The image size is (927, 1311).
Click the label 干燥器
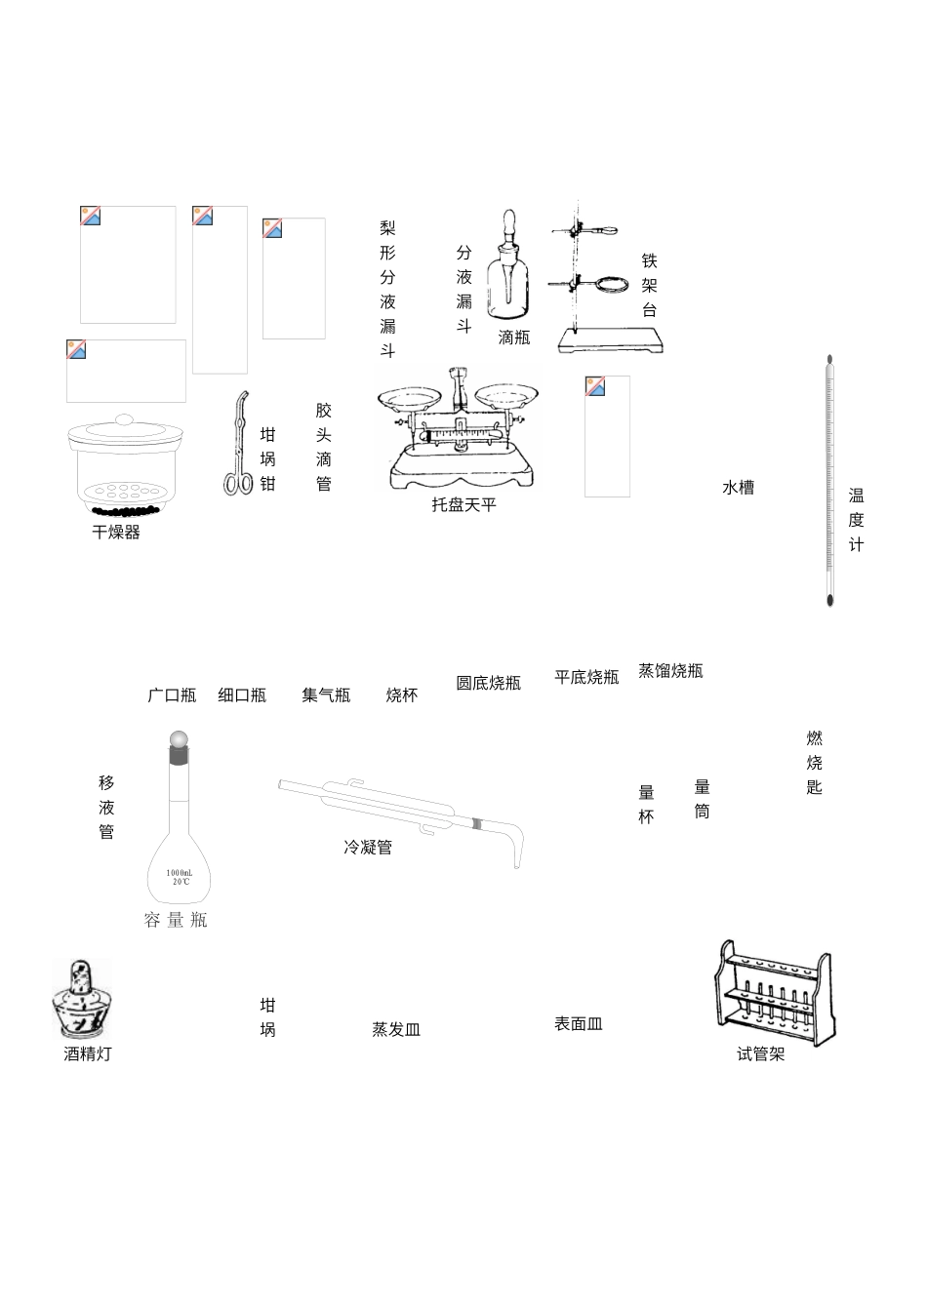click(x=116, y=533)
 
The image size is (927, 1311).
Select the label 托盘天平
click(x=464, y=504)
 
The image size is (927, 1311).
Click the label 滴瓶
click(x=514, y=338)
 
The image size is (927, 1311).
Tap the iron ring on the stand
click(x=613, y=285)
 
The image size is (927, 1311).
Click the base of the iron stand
click(x=611, y=340)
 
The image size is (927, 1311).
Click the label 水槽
click(x=738, y=488)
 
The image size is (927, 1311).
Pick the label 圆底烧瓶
click(x=488, y=683)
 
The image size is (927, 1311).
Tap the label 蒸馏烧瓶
click(x=670, y=671)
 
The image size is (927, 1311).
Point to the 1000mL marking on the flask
click(x=180, y=872)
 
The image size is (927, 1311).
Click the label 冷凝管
click(x=368, y=848)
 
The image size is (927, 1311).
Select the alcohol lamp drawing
click(x=82, y=1000)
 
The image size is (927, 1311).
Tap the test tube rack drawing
click(x=775, y=990)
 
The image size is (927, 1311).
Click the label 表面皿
click(x=579, y=1024)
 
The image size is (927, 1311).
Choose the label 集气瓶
click(x=326, y=695)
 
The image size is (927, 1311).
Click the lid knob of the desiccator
click(x=124, y=420)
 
